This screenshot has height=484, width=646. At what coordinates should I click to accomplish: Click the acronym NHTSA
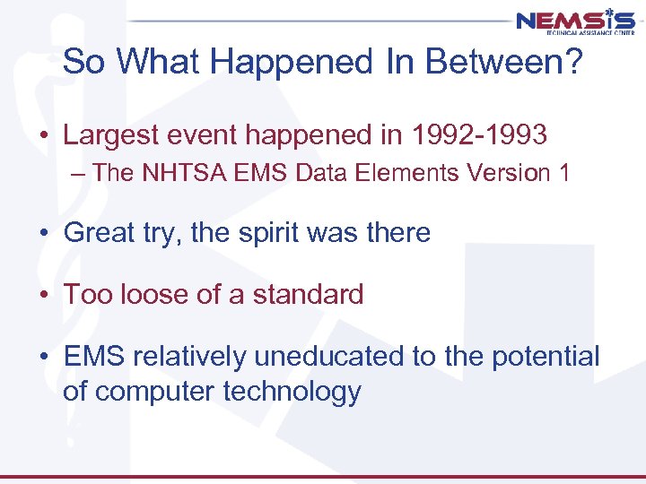181,173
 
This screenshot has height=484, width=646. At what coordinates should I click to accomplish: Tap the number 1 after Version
563,173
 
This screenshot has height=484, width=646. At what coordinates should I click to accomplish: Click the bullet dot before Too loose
43,295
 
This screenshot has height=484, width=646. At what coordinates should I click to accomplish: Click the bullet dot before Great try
43,234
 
